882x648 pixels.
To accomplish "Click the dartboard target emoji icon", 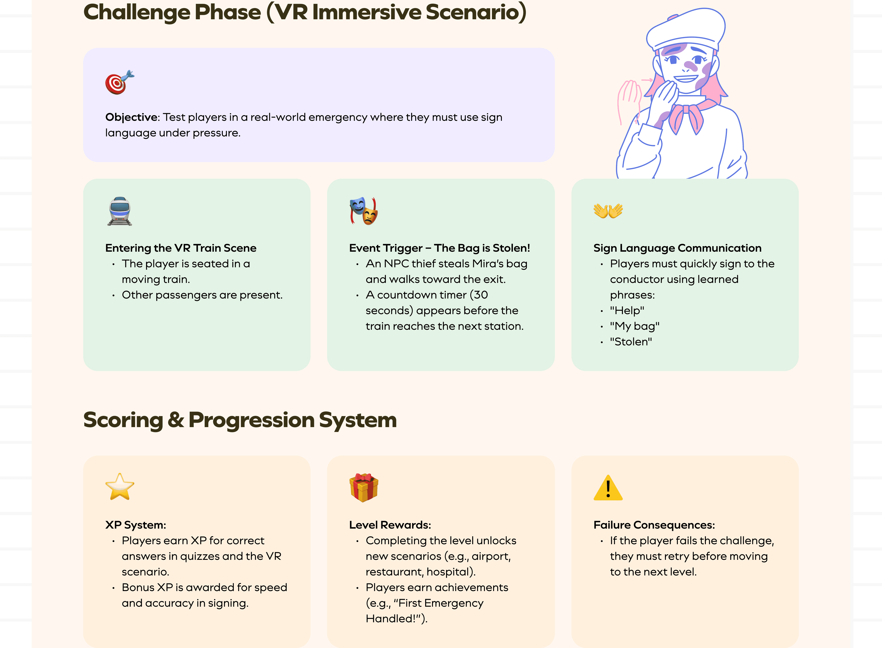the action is pyautogui.click(x=119, y=83).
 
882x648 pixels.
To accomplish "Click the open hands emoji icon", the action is pyautogui.click(x=608, y=211).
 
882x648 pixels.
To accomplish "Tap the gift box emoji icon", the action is pyautogui.click(x=364, y=487).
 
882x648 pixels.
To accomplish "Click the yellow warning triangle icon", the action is pyautogui.click(x=608, y=488).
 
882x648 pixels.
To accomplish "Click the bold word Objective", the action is pyautogui.click(x=131, y=117).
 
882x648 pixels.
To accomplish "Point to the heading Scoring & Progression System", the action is pyautogui.click(x=240, y=420).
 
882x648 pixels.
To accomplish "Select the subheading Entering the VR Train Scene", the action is pyautogui.click(x=181, y=248).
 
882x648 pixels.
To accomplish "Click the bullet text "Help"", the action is pyautogui.click(x=627, y=311).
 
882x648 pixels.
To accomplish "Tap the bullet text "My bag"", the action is pyautogui.click(x=634, y=326).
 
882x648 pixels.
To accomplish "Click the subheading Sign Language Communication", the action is pyautogui.click(x=677, y=248).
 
